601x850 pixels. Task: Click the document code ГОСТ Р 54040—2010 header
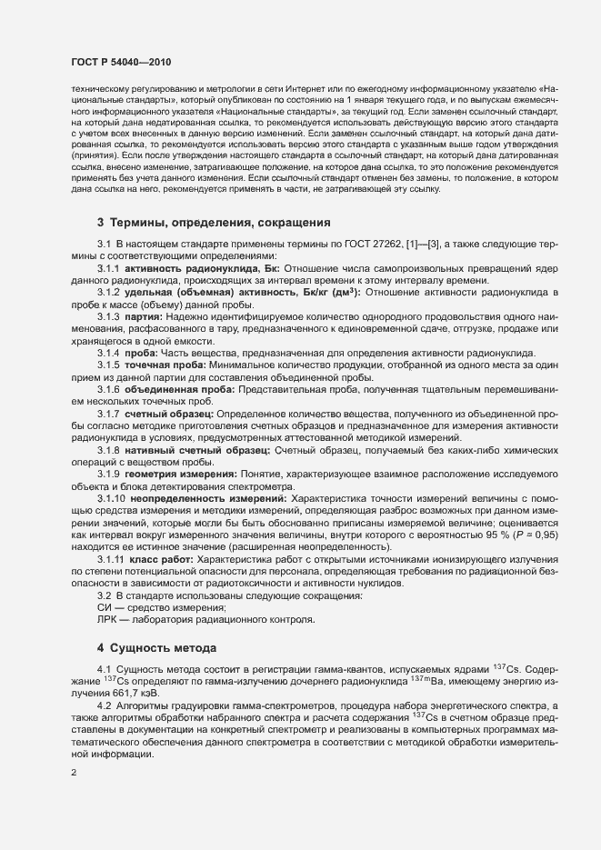pos(121,63)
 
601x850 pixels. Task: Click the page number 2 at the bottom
pos(73,773)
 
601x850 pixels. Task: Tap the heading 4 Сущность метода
pos(155,648)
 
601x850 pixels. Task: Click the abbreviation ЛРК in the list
pos(107,619)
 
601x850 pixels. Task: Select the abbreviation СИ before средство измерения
pos(104,606)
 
